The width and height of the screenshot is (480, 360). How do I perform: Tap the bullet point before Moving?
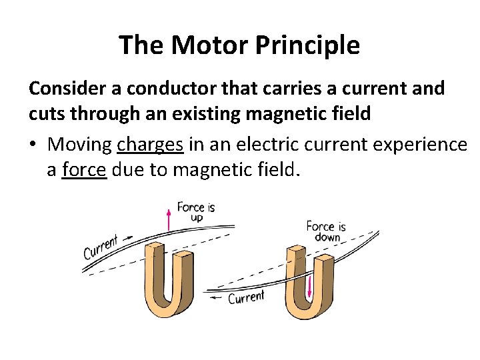tap(33, 144)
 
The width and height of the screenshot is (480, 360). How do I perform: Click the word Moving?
tap(80, 144)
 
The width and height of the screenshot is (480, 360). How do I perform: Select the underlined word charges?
tap(150, 144)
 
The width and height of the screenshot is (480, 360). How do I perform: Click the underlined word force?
tap(83, 171)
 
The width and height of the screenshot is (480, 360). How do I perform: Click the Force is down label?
tap(325, 231)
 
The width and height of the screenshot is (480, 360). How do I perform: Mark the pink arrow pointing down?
tap(309, 287)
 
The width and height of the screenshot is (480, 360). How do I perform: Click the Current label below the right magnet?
tap(246, 297)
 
